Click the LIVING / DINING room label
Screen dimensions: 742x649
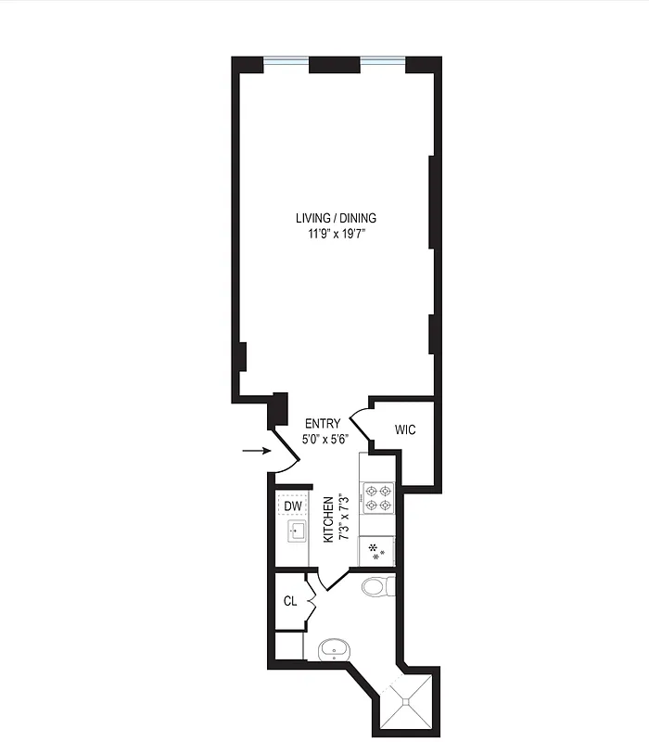point(336,218)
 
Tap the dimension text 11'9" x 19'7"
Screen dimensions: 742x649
point(336,234)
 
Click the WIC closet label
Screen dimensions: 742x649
point(405,429)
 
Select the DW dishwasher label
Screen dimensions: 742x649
point(293,506)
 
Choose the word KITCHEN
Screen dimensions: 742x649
point(327,519)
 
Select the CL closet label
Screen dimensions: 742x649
point(290,601)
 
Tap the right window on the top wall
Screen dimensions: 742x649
point(383,63)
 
